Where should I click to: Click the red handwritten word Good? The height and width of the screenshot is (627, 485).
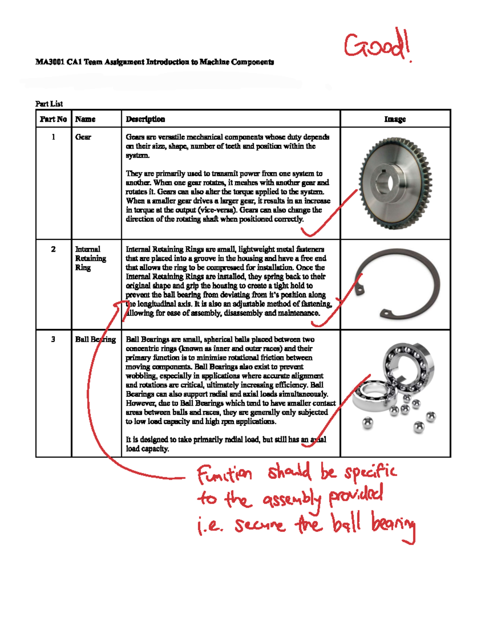377,46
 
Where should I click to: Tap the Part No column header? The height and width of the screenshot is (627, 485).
53,119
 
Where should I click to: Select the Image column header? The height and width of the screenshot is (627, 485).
395,119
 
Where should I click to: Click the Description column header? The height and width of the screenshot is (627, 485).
145,119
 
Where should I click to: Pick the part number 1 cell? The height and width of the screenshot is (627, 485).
53,137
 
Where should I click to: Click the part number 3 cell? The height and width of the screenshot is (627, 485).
53,339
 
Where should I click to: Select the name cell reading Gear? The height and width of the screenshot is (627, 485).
83,137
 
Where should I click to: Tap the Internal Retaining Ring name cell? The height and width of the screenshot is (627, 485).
91,258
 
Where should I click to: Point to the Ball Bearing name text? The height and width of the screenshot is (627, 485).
95,340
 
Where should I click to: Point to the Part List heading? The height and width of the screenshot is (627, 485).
49,104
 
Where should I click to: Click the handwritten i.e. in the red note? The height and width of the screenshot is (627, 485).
210,526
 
